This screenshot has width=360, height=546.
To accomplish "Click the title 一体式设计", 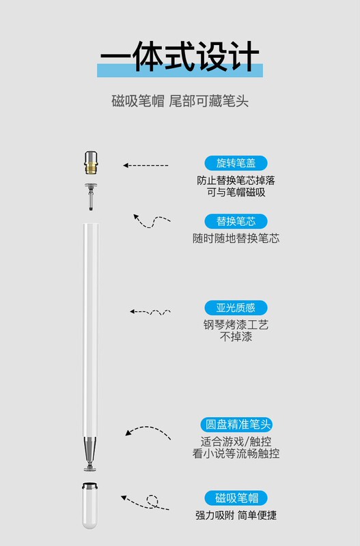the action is (x=180, y=56).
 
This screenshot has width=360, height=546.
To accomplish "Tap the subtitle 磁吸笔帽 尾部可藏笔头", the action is (x=180, y=101).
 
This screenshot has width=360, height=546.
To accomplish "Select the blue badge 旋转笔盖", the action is (x=236, y=163).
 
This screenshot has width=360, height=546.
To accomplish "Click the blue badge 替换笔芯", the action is (x=236, y=221).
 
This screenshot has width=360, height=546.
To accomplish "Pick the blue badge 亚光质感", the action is (x=236, y=308).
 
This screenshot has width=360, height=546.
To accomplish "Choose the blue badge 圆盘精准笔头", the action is (x=236, y=425).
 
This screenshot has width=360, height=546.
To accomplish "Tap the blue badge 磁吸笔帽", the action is (x=236, y=498).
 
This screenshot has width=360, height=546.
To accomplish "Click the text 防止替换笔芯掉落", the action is (x=236, y=180).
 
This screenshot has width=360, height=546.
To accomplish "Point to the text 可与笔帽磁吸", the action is (x=236, y=192).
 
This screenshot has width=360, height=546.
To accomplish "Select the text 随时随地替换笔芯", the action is (x=236, y=238).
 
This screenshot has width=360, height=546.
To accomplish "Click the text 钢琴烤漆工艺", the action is (x=236, y=325).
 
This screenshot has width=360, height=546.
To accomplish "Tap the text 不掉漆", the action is (x=236, y=336).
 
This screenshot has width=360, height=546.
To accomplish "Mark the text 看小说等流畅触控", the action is (x=236, y=453).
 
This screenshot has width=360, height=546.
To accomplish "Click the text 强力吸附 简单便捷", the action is (x=236, y=515).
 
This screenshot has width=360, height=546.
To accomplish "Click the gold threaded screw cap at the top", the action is (x=91, y=162).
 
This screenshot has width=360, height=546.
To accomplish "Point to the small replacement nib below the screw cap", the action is (x=91, y=197).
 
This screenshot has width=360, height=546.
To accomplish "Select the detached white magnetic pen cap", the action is (x=89, y=505).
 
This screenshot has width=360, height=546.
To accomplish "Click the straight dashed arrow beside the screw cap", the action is (x=146, y=165).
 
